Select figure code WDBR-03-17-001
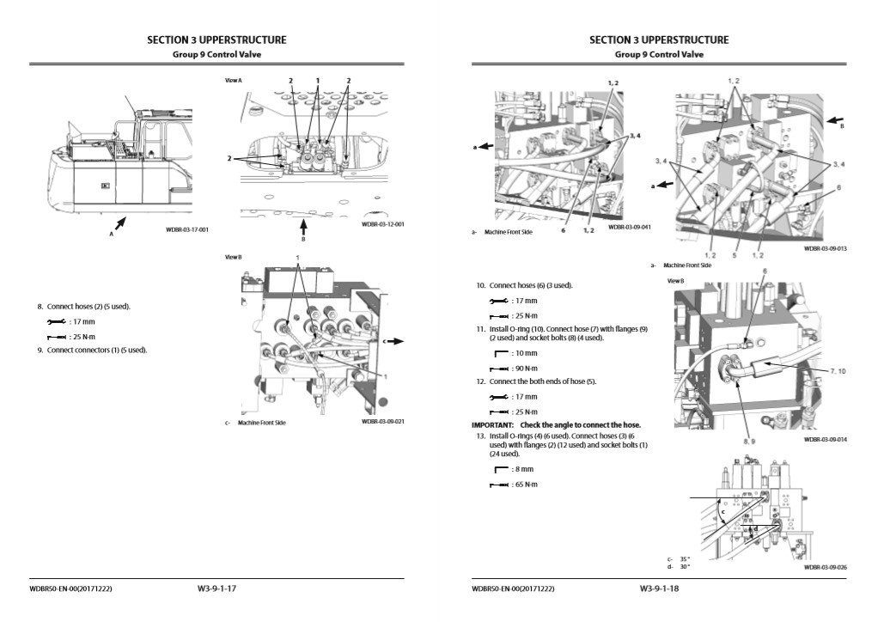click(x=187, y=229)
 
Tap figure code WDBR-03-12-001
click(x=382, y=224)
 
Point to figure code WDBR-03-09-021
click(x=382, y=421)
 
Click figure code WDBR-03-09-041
click(x=629, y=228)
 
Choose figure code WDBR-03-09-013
click(x=825, y=248)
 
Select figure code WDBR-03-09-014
click(x=825, y=439)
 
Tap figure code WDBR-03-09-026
click(x=825, y=567)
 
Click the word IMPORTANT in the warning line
click(x=492, y=425)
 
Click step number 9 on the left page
click(x=40, y=350)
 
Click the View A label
click(x=233, y=80)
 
